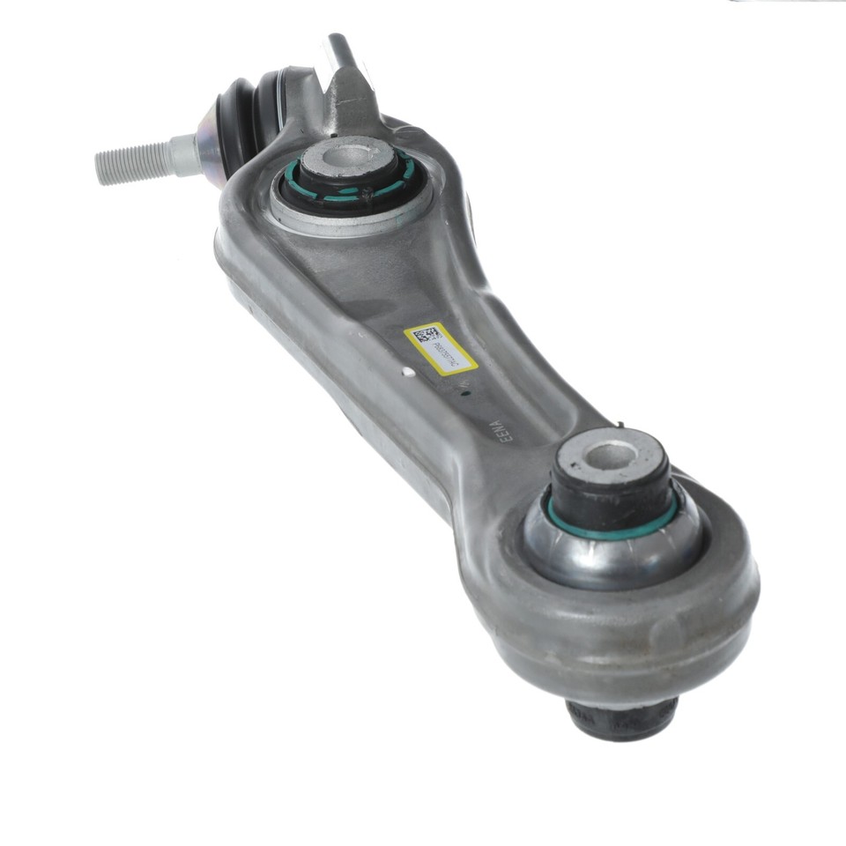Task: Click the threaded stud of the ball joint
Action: pos(132,161)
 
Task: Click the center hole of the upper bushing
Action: pos(347,158)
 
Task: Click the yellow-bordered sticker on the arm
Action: pos(441,348)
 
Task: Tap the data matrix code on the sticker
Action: pos(427,336)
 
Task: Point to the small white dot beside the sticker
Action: pos(407,372)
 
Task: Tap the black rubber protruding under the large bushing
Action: pos(621,717)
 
